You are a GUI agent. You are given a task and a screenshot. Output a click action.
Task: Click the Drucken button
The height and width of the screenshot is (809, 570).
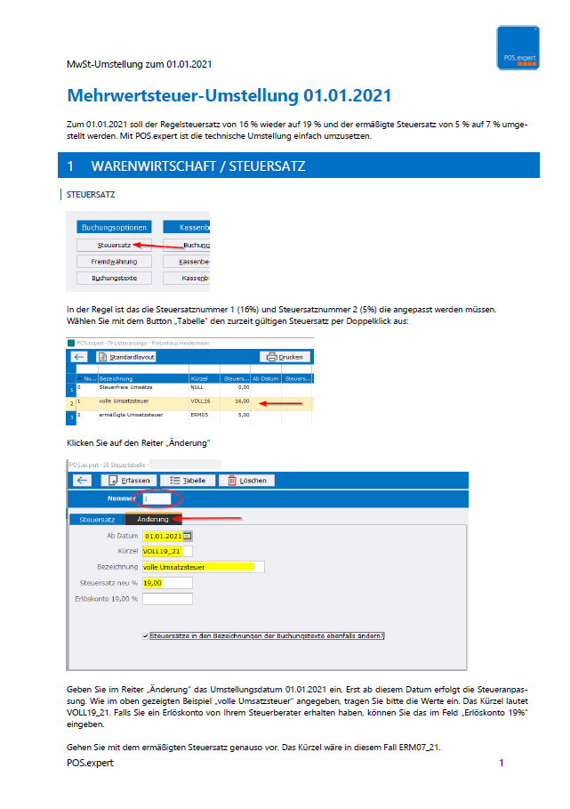(284, 357)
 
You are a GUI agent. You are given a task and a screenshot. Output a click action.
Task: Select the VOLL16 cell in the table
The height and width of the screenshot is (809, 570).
(203, 401)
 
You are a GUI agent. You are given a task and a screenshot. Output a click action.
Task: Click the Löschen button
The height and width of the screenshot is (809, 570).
(246, 480)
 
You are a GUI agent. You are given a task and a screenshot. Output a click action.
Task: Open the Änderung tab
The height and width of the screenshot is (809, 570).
(152, 518)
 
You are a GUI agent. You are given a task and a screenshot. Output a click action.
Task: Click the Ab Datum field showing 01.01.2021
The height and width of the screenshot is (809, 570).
(164, 536)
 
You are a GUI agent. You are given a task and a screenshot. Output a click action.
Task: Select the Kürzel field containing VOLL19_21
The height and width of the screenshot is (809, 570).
(166, 551)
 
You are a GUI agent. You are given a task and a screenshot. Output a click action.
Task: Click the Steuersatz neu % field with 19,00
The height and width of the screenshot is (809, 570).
(166, 583)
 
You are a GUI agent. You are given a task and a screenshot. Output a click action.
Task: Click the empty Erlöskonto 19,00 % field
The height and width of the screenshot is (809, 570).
(166, 599)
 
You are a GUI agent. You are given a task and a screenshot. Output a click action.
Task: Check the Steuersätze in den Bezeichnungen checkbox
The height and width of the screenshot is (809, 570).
(145, 636)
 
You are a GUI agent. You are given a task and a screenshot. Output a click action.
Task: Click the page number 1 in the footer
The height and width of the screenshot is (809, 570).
(502, 764)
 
